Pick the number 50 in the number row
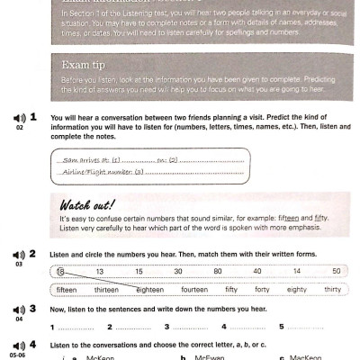coord(336,271)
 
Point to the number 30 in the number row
coord(179,271)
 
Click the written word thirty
coord(333,290)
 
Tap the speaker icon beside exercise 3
coord(20,309)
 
